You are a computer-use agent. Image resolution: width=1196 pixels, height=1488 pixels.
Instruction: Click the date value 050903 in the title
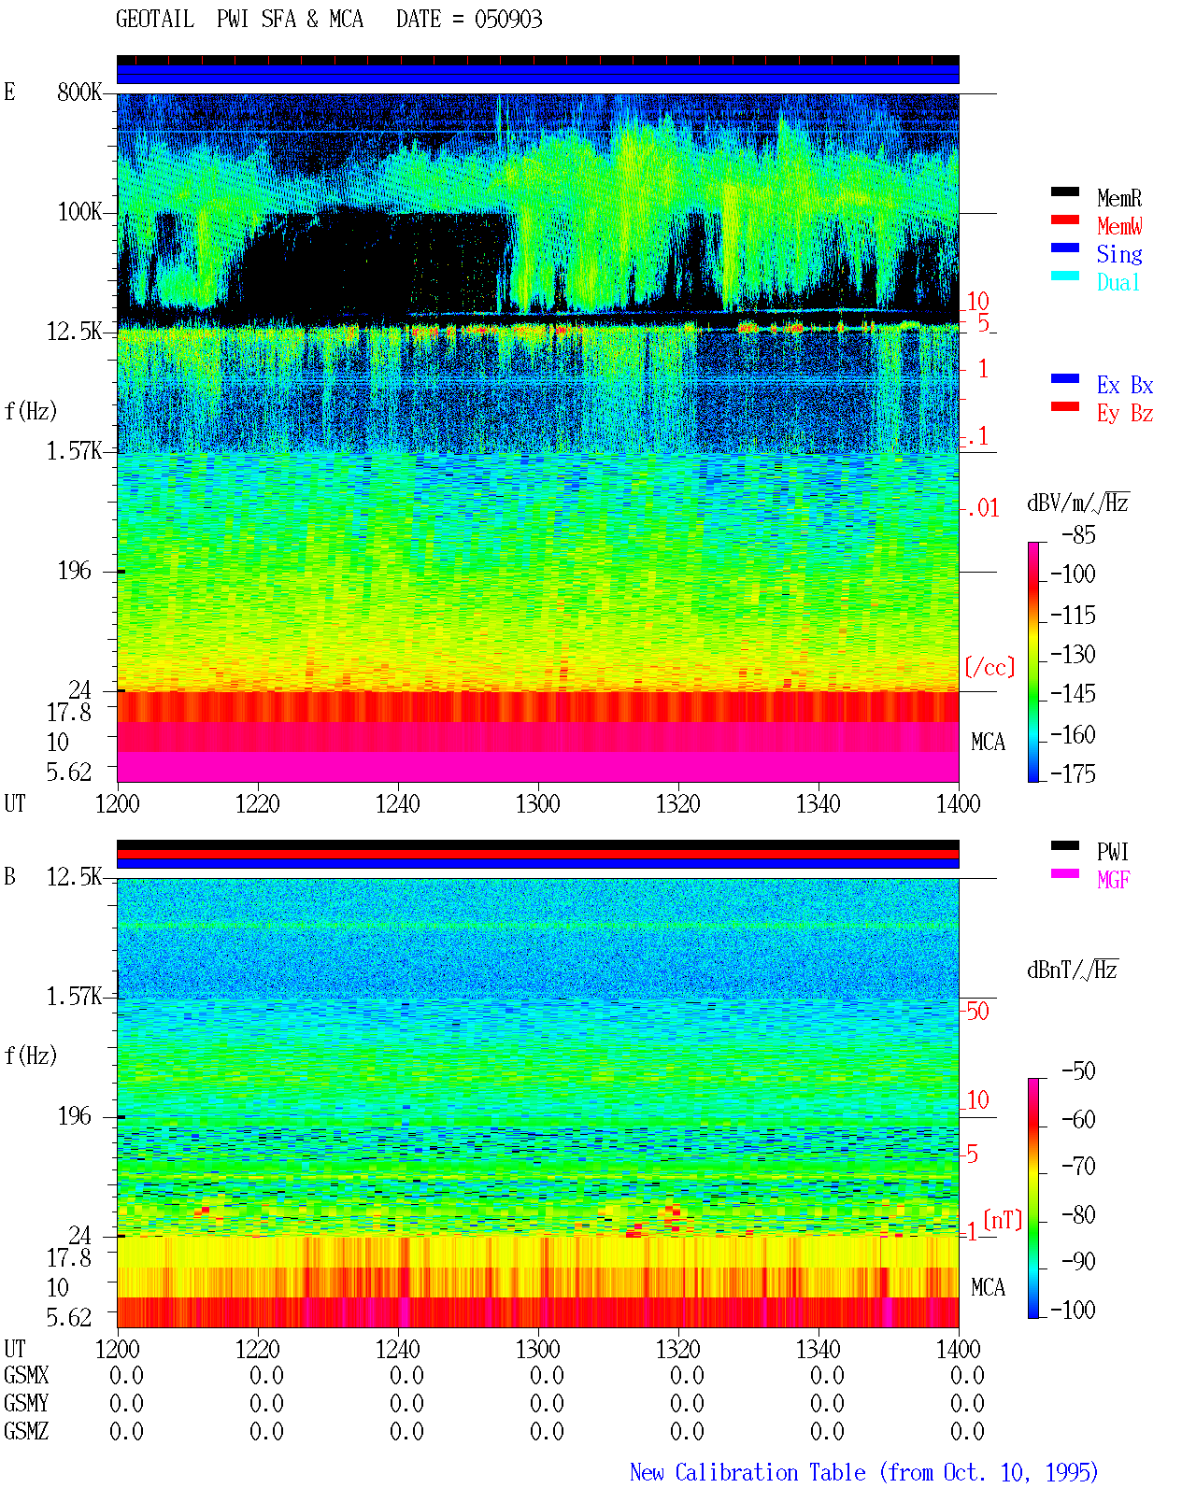507,19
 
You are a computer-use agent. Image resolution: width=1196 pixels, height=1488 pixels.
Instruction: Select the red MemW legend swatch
1064,220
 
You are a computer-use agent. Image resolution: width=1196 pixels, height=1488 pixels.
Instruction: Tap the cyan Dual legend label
1118,282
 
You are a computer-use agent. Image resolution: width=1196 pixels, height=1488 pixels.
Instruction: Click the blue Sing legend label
1119,254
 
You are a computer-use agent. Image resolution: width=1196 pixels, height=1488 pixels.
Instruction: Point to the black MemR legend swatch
1064,191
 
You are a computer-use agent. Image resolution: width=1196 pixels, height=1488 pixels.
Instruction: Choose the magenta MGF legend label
1113,880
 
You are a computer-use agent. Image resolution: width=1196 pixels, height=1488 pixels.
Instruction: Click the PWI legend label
1112,851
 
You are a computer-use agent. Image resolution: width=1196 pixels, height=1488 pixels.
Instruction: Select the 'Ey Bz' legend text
1125,413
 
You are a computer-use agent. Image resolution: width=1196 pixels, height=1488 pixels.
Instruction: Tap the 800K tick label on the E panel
79,92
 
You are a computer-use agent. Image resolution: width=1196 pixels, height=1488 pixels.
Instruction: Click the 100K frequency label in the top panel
79,212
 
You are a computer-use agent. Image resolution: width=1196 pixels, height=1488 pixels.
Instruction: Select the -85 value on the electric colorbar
1078,534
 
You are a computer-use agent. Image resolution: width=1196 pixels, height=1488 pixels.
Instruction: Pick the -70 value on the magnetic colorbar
1078,1166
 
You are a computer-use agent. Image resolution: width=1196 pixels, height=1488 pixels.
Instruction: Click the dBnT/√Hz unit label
1072,970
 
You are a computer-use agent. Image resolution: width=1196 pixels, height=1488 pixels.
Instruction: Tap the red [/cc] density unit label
990,667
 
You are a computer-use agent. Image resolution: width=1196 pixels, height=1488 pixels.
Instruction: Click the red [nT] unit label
1003,1219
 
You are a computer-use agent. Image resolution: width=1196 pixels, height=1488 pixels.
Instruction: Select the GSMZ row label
26,1431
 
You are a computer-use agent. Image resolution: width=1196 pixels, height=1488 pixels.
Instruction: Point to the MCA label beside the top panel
988,742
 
